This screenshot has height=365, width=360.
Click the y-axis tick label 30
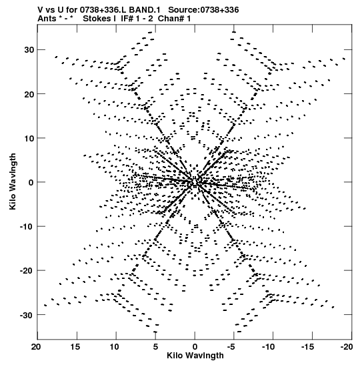pos(29,50)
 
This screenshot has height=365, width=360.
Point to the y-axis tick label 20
pos(29,94)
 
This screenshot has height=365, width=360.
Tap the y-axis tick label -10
pos(27,226)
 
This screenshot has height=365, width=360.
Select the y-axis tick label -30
pos(27,315)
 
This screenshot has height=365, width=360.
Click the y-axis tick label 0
pos(31,182)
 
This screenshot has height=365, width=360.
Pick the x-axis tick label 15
pos(75,347)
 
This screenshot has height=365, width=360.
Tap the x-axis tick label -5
pos(231,347)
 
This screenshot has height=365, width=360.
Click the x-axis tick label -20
pos(347,347)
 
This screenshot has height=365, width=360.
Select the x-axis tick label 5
pos(155,347)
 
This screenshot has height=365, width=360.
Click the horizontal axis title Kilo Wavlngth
pos(195,356)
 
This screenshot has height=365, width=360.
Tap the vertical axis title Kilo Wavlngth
pos(13,181)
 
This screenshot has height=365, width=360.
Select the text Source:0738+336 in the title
pos(203,10)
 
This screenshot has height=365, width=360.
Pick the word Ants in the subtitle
pos(47,19)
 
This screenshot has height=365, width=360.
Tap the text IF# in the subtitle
pos(127,19)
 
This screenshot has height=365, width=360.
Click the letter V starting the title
pos(40,10)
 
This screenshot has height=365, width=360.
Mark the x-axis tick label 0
pos(195,347)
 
